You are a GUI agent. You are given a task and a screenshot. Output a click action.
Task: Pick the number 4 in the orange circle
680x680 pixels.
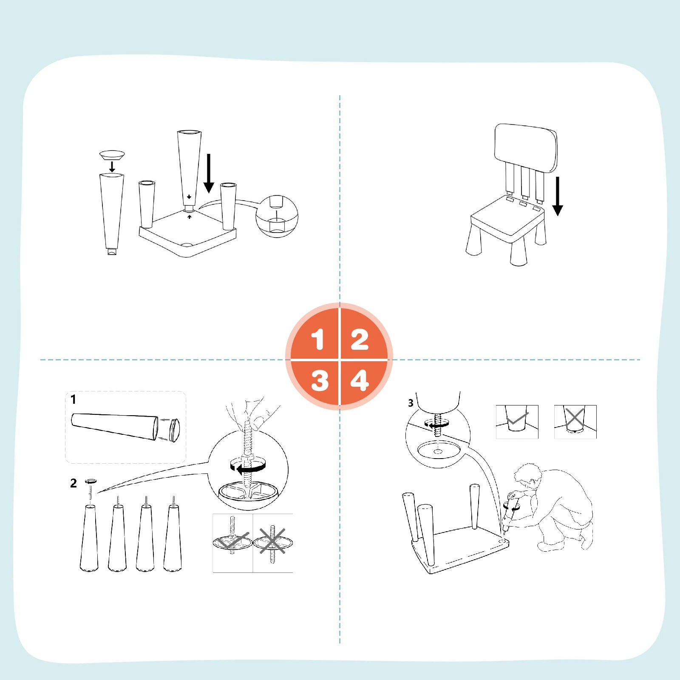tap(360, 380)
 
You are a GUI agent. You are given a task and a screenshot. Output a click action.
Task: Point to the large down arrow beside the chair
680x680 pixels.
tap(558, 196)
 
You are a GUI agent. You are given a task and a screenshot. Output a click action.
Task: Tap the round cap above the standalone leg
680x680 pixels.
tap(112, 154)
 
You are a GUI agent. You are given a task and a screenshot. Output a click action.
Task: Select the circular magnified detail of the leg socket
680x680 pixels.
tap(277, 216)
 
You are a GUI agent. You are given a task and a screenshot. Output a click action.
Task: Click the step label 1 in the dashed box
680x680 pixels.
tap(74, 399)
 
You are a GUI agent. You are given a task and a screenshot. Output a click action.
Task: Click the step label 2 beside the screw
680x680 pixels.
tap(74, 483)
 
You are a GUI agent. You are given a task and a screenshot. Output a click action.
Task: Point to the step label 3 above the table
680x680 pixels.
tap(411, 403)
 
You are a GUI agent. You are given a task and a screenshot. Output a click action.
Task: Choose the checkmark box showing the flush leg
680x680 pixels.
tap(517, 421)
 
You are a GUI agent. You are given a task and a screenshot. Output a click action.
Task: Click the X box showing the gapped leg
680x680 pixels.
tap(575, 421)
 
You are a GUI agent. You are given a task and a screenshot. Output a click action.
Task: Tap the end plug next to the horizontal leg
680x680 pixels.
tap(174, 430)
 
